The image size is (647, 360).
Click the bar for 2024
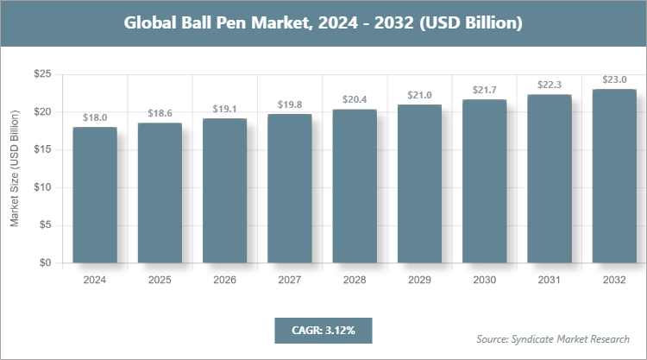click(95, 195)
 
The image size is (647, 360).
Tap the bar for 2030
click(484, 181)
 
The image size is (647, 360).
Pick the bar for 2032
click(614, 176)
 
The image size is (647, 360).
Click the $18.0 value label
click(95, 117)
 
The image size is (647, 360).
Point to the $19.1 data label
click(224, 109)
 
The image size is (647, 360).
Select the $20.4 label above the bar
click(355, 99)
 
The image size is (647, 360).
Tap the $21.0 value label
click(419, 95)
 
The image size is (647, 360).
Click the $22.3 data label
click(550, 85)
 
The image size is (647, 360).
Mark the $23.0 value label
click(614, 79)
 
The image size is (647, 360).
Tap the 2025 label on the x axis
click(160, 281)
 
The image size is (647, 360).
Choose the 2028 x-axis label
click(355, 281)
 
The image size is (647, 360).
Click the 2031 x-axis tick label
click(550, 281)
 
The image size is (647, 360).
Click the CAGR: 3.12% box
click(323, 330)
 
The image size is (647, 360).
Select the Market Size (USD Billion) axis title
click(15, 168)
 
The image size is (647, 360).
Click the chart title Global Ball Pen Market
click(323, 23)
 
